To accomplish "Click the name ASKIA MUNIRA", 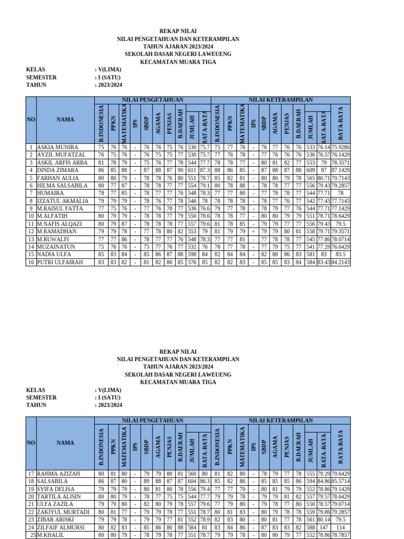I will pyautogui.click(x=57, y=147).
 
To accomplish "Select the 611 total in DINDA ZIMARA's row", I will pyautogui.click(x=192, y=170).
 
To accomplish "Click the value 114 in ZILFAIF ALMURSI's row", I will pyautogui.click(x=340, y=527).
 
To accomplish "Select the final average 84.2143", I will pyautogui.click(x=340, y=262).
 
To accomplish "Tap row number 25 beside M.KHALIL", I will pyautogui.click(x=31, y=535).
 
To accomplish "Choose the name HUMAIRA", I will pyautogui.click(x=49, y=193).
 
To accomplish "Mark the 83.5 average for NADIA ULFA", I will pyautogui.click(x=340, y=254).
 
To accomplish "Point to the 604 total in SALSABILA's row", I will pyautogui.click(x=192, y=481).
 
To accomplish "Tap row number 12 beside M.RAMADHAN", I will pyautogui.click(x=31, y=231).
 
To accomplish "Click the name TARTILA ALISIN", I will pyautogui.click(x=59, y=496).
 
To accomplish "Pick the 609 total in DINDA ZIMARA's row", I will pyautogui.click(x=310, y=170).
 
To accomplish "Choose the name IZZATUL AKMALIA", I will pyautogui.click(x=62, y=201).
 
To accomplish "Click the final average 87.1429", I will pyautogui.click(x=340, y=170).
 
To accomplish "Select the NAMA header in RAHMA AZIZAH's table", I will pyautogui.click(x=65, y=443).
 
